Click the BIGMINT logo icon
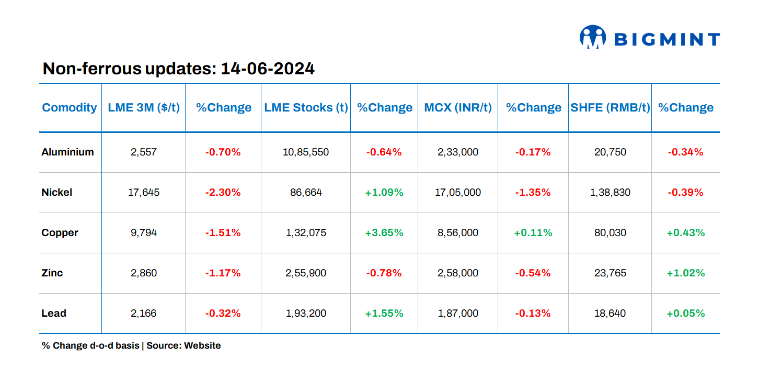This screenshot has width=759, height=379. (592, 37)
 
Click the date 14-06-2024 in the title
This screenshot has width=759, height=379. (268, 69)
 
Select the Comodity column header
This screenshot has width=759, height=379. (70, 108)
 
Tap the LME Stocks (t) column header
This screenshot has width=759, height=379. (306, 108)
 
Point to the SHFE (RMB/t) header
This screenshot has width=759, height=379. (609, 108)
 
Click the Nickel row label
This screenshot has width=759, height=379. (57, 193)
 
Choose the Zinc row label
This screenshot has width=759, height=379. (52, 273)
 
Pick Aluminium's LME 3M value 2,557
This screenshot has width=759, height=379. (144, 152)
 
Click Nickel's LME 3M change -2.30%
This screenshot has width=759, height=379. (223, 193)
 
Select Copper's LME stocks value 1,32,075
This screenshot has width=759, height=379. (306, 233)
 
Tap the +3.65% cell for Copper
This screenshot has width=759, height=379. (384, 233)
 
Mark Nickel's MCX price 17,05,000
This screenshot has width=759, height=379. (458, 193)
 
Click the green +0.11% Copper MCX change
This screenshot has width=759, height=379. (533, 233)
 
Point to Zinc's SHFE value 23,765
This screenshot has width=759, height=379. (610, 273)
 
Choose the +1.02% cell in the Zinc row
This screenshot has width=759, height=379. (686, 273)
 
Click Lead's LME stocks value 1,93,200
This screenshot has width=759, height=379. (306, 314)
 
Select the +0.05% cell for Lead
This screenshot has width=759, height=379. (686, 314)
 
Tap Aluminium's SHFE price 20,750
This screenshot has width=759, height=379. (610, 152)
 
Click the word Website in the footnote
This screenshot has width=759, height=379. (202, 345)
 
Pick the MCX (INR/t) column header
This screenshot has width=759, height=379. (458, 108)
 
